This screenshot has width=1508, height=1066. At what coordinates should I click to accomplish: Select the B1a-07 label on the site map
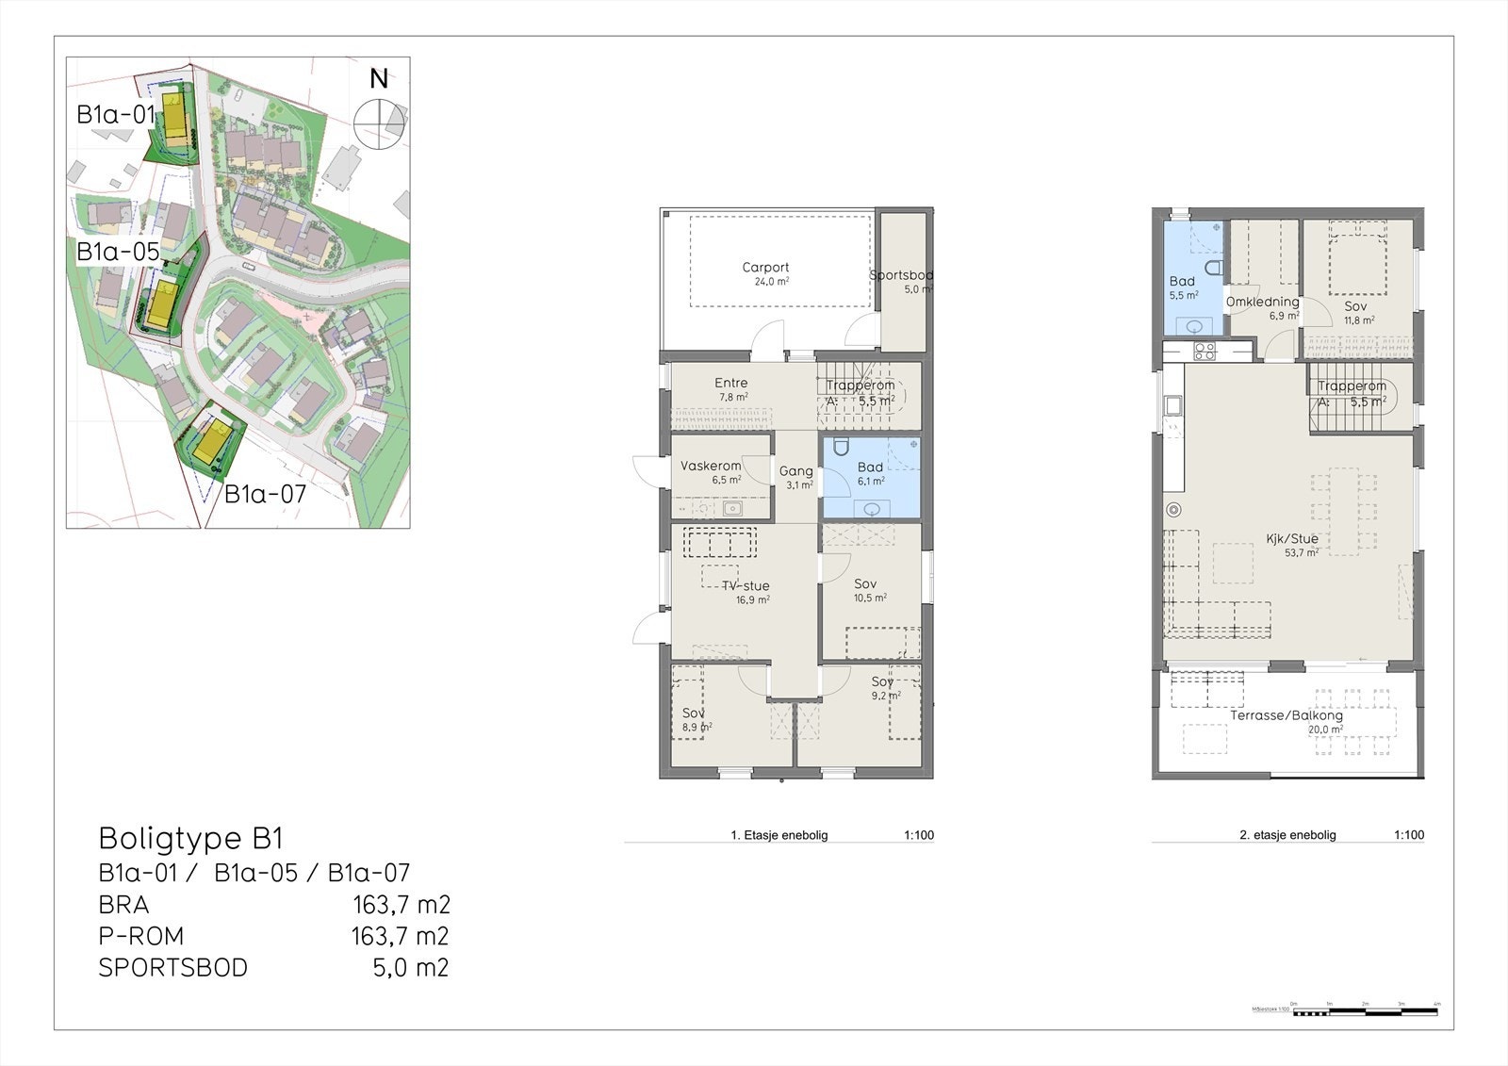(x=265, y=493)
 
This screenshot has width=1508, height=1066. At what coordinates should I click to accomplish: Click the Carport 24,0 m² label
(x=765, y=273)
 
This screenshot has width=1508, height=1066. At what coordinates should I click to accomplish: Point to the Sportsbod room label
(x=902, y=276)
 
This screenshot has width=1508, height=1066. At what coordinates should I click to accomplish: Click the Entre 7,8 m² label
(x=731, y=389)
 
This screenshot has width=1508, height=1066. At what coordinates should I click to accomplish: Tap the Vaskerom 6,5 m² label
(x=712, y=471)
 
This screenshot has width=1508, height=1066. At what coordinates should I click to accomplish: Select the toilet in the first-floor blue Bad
(x=843, y=449)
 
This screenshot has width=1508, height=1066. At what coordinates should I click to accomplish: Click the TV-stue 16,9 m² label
(x=746, y=592)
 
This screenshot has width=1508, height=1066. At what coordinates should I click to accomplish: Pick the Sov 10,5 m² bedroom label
(x=866, y=590)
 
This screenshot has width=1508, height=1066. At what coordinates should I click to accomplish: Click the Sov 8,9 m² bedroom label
(x=695, y=719)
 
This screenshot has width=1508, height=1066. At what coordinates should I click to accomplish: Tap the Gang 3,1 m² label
(x=796, y=477)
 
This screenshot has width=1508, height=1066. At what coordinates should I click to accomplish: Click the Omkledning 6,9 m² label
(x=1263, y=308)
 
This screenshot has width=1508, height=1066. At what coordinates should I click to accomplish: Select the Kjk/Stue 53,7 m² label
(x=1292, y=545)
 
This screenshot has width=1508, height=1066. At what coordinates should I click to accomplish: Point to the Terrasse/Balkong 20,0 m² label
(x=1287, y=721)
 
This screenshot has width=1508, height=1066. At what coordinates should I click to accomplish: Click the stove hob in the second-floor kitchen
(x=1205, y=351)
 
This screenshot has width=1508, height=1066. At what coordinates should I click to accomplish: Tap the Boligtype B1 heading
(x=190, y=838)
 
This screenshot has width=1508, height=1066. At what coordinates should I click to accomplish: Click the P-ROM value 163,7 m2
(x=401, y=936)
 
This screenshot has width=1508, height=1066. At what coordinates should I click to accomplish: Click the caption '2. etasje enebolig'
(x=1287, y=834)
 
